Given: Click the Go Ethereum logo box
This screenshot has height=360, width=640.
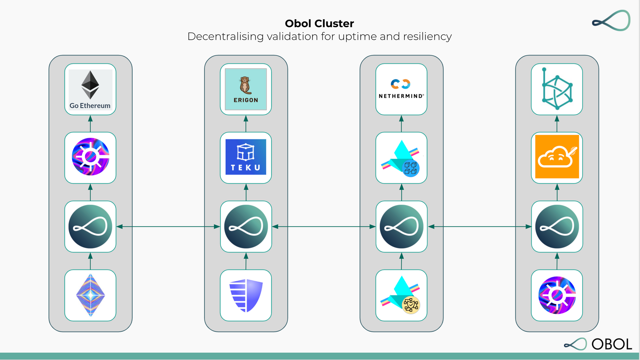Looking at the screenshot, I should [x=90, y=89].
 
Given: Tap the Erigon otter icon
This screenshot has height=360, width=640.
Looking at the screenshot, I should [x=245, y=85].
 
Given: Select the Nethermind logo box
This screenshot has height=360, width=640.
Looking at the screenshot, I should [x=401, y=89].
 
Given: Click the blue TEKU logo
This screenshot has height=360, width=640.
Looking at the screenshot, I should [x=246, y=157].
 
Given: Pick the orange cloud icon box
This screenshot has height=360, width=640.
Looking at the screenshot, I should [x=557, y=157].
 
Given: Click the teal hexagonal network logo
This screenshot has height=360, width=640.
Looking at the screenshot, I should [x=557, y=89].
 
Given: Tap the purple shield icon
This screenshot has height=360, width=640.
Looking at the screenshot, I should [x=246, y=295].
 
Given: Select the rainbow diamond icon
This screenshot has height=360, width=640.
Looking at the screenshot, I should [x=90, y=295].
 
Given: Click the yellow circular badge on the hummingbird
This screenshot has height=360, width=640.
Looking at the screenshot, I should [x=411, y=305].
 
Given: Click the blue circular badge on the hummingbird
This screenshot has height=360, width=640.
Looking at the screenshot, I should [x=411, y=168].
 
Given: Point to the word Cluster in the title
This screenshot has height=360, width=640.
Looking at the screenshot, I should [x=334, y=23].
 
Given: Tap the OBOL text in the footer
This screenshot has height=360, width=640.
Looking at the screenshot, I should [x=612, y=344].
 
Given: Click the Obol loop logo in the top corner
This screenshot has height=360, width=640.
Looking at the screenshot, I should [x=611, y=21].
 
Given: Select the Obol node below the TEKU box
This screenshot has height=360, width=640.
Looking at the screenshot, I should [x=246, y=227].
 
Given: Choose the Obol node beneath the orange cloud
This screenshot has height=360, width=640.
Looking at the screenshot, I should [x=557, y=227].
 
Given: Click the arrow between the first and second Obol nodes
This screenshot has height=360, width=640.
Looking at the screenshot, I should [x=168, y=227].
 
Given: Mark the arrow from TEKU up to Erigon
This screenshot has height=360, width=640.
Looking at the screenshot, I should [x=246, y=124].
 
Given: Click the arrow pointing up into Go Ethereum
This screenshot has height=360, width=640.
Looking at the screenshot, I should [x=90, y=124].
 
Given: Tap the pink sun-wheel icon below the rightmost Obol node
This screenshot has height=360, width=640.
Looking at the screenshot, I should [x=557, y=295].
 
